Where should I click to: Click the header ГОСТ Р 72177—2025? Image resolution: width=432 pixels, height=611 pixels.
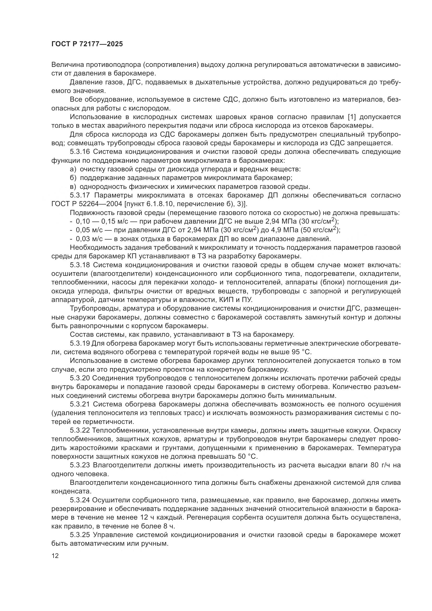[x=87, y=44]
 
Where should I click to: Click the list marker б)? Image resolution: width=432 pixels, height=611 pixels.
[x=73, y=178]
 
